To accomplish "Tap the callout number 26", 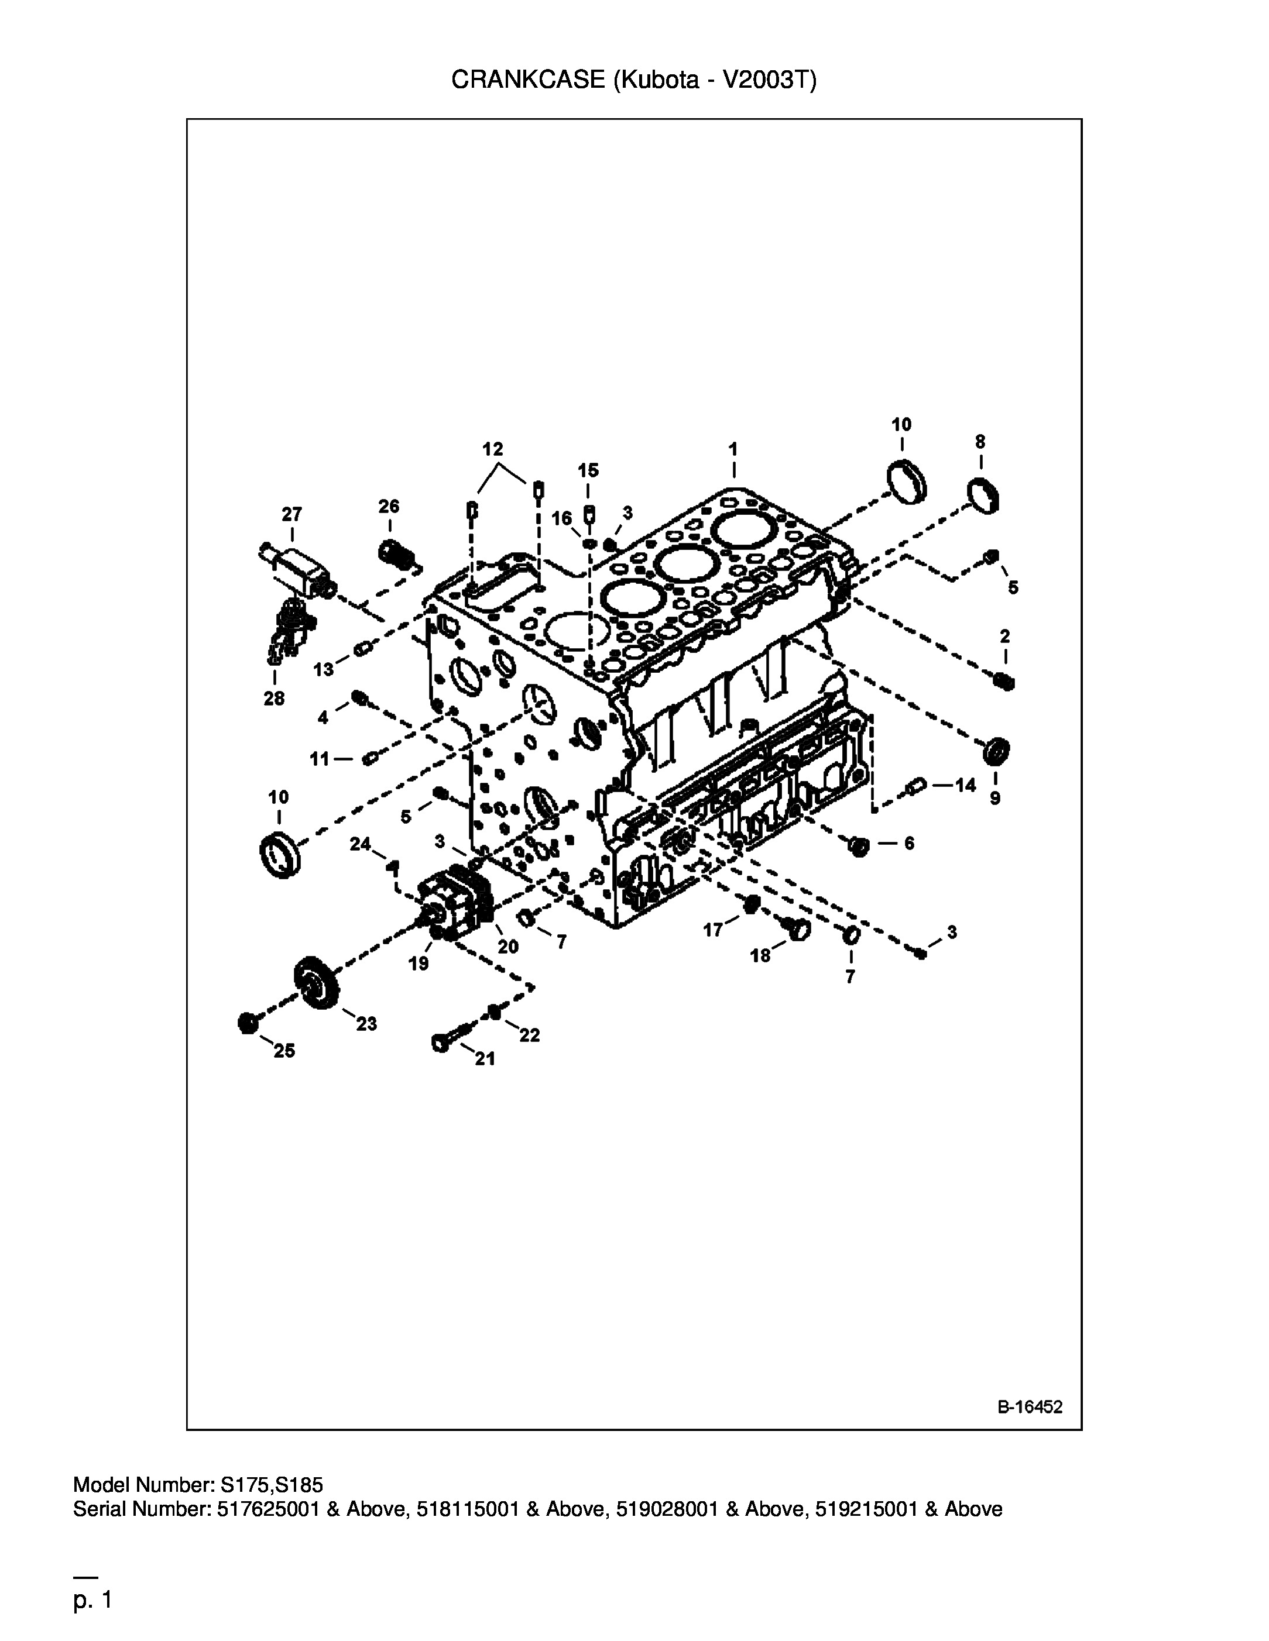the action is [389, 507].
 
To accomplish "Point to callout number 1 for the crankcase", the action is [733, 449].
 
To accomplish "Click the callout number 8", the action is [980, 442].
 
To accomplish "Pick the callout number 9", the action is [994, 798].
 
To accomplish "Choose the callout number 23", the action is [366, 1023].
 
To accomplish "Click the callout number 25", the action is [284, 1051].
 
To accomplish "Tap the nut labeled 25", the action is [248, 1023].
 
